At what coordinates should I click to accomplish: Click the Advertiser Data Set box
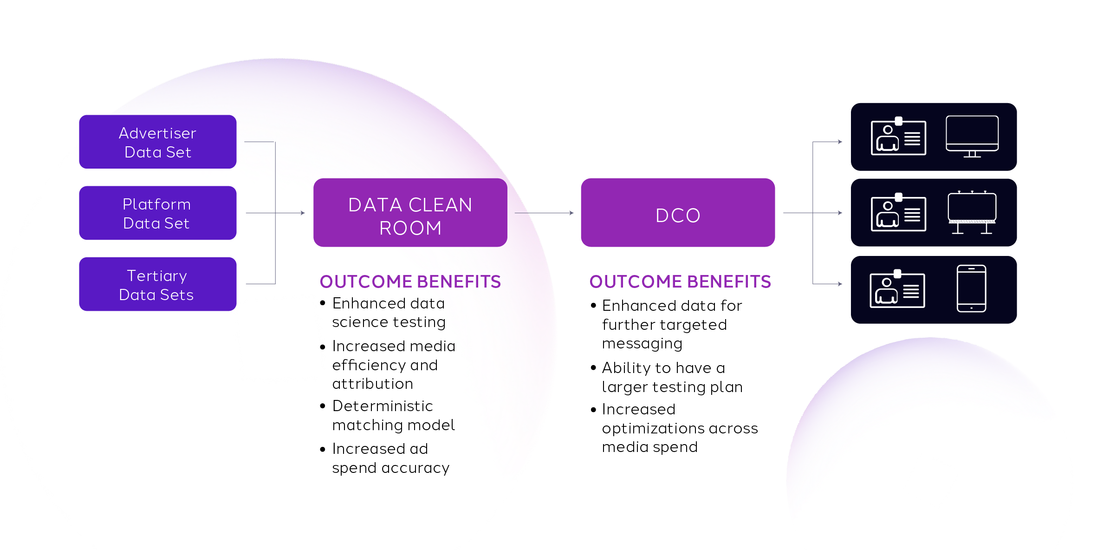(157, 142)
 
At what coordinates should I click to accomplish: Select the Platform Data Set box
(157, 213)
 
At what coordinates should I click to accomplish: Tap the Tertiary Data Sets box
(157, 284)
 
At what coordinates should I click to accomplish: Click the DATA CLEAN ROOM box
(410, 213)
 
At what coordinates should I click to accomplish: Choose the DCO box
(678, 213)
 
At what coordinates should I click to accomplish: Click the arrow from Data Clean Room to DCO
(544, 213)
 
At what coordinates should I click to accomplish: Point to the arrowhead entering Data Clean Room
(303, 213)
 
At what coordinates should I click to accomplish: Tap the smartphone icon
(971, 288)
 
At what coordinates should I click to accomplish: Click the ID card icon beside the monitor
(898, 137)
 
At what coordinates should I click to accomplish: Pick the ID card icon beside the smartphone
(897, 289)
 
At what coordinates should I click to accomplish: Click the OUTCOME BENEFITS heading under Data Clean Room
(410, 282)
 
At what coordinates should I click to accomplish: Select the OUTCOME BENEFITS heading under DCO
(680, 282)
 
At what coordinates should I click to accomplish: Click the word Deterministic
(383, 406)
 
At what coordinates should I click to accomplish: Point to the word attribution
(372, 384)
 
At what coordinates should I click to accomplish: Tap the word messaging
(642, 344)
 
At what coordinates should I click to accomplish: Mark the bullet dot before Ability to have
(593, 368)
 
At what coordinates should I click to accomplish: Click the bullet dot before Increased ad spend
(323, 449)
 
